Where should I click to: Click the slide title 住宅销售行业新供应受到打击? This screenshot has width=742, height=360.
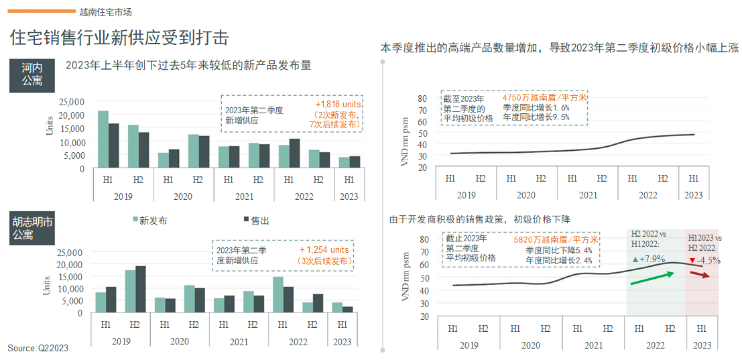pos(119,38)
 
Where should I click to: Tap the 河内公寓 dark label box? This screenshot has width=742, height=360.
pos(32,75)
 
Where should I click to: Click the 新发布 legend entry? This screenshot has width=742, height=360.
pos(150,220)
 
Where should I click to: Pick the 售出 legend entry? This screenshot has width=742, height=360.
pos(255,220)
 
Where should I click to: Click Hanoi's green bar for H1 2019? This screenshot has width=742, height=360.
pos(103,139)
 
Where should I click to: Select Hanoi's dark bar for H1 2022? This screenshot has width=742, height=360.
pos(294,154)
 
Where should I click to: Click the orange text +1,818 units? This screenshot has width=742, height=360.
pos(338,105)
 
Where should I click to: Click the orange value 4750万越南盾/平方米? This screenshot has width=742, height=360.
pos(544,98)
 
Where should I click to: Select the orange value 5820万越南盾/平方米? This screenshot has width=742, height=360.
pos(556,239)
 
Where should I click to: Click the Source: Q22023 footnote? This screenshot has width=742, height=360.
pos(39,349)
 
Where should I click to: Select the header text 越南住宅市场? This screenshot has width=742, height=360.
pos(105,11)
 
